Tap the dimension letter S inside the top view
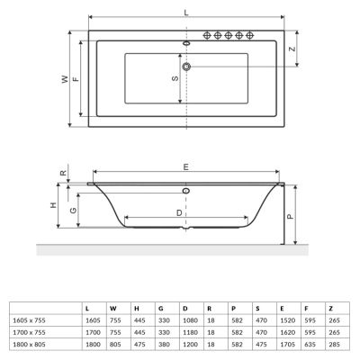[x=175, y=78]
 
